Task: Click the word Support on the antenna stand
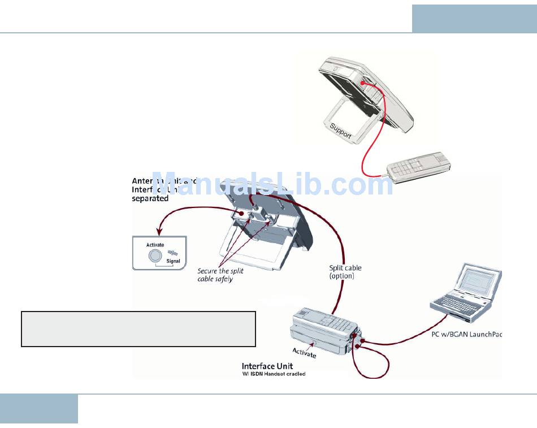(x=341, y=130)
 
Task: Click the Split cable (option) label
(x=345, y=272)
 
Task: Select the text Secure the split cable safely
(x=220, y=275)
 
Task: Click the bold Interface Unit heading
(x=267, y=366)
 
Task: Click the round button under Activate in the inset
(x=154, y=256)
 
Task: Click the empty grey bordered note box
(x=138, y=328)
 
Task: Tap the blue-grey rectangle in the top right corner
(x=474, y=19)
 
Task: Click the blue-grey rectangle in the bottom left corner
(x=39, y=408)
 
